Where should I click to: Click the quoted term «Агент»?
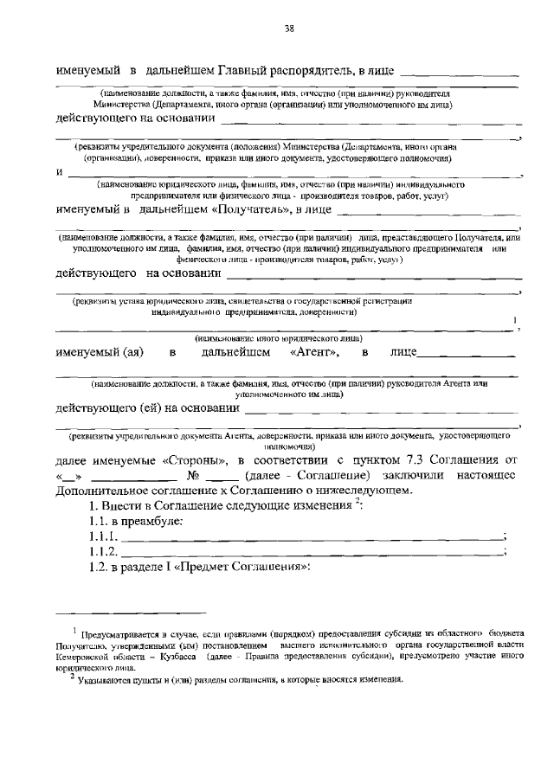(314, 353)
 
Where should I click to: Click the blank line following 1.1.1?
(312, 540)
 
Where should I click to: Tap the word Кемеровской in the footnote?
(86, 658)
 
